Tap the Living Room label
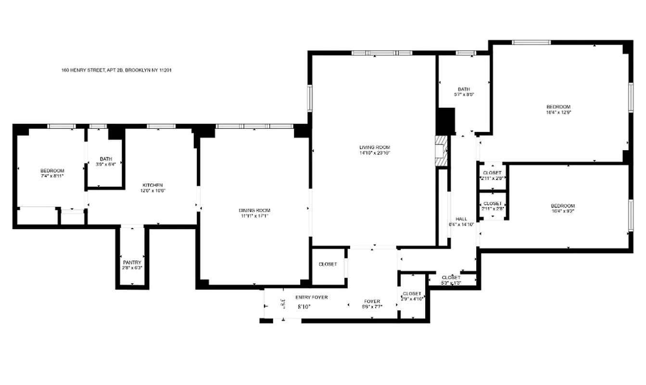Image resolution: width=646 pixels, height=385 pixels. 374,147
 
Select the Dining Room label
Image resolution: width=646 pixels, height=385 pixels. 254,210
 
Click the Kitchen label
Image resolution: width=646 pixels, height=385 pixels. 152,185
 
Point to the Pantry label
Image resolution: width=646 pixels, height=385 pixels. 132,262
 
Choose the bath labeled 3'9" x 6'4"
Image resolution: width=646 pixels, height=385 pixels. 105,162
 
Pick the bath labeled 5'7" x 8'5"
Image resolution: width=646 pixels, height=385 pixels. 463,91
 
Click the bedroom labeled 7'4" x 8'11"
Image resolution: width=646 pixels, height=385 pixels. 52,173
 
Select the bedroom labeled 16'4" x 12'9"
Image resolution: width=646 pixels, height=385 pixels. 558,109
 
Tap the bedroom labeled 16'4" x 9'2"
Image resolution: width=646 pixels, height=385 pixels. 563,208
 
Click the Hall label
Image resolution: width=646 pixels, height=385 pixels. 461,219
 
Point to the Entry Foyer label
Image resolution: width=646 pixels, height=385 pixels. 312,297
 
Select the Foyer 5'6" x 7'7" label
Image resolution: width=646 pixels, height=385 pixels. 372,304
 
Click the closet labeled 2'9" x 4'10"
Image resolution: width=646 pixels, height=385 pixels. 412,296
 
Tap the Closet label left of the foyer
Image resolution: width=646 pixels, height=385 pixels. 328,264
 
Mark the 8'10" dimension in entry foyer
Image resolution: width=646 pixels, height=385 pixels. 304,306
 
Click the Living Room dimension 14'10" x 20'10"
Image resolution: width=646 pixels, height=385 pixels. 374,153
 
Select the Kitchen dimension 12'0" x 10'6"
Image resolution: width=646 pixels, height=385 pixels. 152,191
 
